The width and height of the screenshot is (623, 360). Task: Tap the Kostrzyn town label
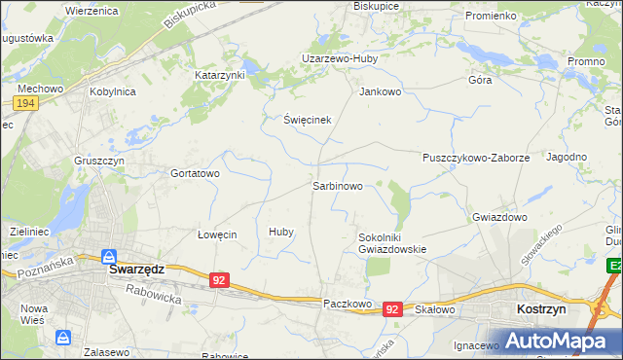tap(539, 307)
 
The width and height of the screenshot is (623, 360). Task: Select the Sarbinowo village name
tap(338, 185)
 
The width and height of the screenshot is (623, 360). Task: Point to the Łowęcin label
tap(217, 234)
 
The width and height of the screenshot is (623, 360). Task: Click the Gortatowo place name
tap(196, 173)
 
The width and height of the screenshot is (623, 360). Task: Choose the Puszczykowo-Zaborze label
tap(475, 157)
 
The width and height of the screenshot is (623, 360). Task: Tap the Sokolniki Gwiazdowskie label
tap(392, 242)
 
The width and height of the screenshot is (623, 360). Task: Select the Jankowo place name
tap(381, 92)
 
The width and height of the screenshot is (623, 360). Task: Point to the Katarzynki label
tap(220, 74)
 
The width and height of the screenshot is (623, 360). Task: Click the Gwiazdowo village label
tap(499, 217)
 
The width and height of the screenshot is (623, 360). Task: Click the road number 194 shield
tap(26, 102)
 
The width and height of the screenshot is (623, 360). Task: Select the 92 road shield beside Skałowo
tap(392, 307)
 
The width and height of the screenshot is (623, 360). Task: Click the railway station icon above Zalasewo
tap(64, 338)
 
